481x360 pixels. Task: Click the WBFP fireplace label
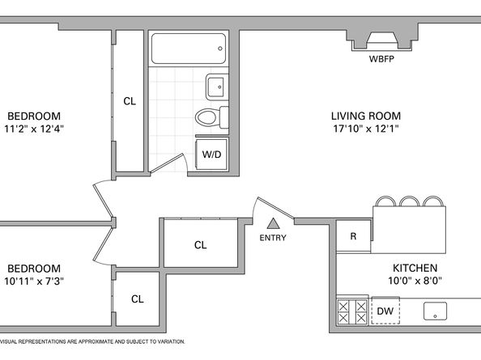click(x=381, y=59)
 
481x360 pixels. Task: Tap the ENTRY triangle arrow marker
click(x=273, y=223)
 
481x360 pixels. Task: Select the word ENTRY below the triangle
click(x=273, y=238)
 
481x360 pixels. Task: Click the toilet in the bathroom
click(x=212, y=117)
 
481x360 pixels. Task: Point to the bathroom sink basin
click(x=217, y=87)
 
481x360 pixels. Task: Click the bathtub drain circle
click(x=220, y=49)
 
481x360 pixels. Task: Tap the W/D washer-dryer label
click(x=211, y=154)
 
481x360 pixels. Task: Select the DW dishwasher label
click(x=385, y=311)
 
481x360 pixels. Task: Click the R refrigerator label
click(x=353, y=236)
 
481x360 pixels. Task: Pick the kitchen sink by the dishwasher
click(x=435, y=311)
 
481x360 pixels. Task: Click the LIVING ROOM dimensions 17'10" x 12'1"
click(x=366, y=129)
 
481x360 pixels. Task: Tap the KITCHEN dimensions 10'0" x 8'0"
click(x=415, y=281)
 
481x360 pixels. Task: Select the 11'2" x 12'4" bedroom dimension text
click(x=34, y=129)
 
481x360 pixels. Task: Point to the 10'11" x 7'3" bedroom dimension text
click(x=34, y=281)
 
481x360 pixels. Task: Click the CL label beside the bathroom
click(x=130, y=101)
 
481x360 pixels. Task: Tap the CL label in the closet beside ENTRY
click(x=200, y=245)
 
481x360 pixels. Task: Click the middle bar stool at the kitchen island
click(x=409, y=201)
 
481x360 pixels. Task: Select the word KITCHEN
click(x=415, y=268)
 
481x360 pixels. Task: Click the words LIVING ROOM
click(x=366, y=116)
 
